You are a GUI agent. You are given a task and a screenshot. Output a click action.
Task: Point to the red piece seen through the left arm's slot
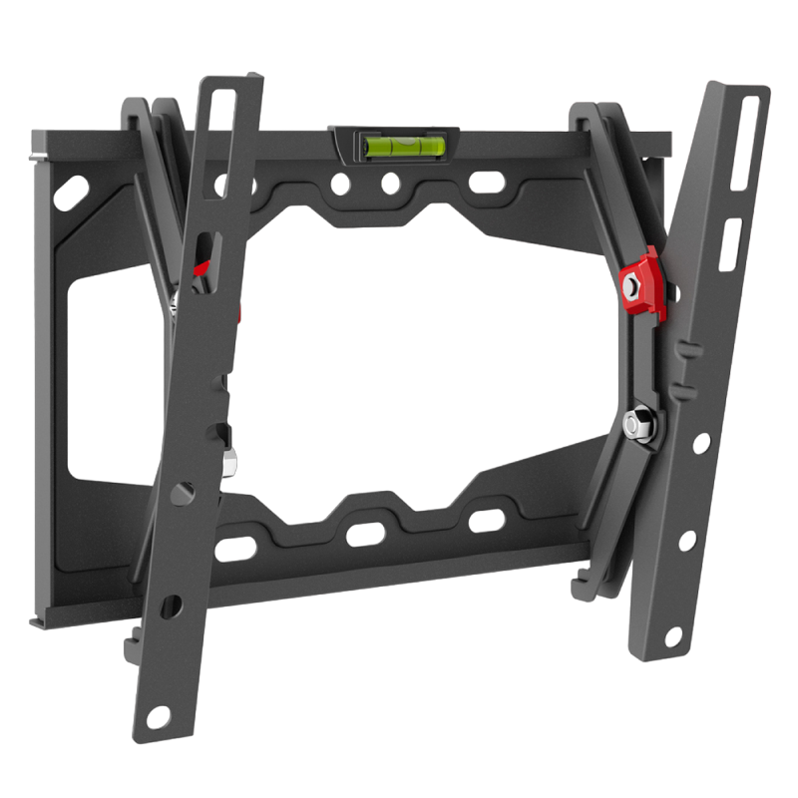click(x=202, y=267)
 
